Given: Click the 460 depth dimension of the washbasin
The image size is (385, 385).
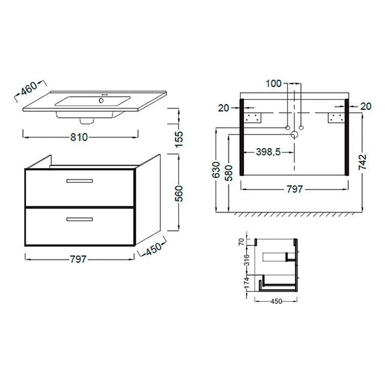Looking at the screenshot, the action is [29, 88].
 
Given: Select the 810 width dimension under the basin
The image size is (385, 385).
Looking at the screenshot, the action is [79, 137].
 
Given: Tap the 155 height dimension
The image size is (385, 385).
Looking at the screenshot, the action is [179, 139].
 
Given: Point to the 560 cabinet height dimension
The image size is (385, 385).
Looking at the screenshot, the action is [179, 194].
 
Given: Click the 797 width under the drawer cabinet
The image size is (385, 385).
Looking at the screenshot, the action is [79, 259].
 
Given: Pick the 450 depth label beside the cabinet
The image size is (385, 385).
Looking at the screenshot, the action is [154, 249].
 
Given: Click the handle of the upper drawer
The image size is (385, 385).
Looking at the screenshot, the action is [80, 181].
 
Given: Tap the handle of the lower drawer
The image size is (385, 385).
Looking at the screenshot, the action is [80, 219].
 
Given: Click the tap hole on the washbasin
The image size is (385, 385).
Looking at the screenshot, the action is [101, 100].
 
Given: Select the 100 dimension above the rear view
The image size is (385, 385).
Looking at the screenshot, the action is [274, 84].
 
